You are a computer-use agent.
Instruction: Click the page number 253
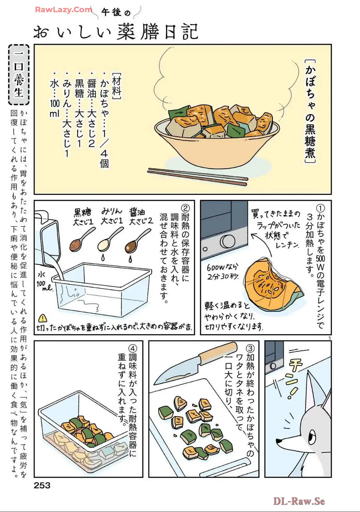tap(42, 485)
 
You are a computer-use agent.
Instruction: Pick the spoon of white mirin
tap(110, 240)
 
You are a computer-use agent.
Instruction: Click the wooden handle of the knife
tap(218, 352)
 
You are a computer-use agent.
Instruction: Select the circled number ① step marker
tap(320, 208)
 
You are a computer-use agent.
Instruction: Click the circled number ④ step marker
tap(133, 349)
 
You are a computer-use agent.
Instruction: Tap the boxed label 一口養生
tap(19, 75)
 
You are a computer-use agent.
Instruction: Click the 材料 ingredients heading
tap(116, 86)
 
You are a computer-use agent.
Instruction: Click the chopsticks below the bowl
tap(198, 177)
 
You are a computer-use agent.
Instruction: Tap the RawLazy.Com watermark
tap(64, 10)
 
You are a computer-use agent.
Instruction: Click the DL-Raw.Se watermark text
tap(299, 501)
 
